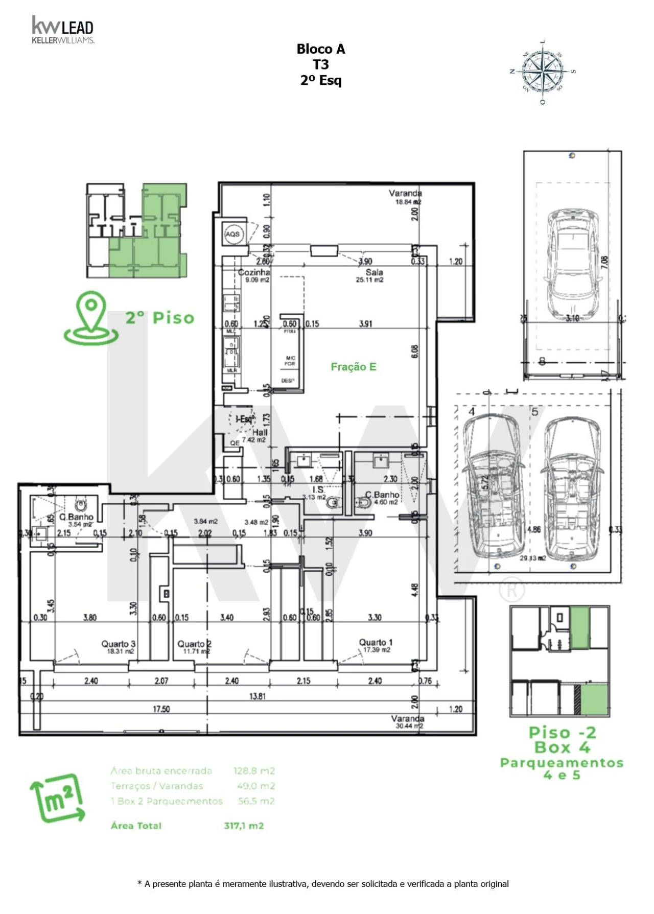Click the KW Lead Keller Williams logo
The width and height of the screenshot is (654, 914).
tap(62, 30)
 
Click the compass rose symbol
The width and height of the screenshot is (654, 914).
tap(543, 72)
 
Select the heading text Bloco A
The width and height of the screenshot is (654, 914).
tap(321, 49)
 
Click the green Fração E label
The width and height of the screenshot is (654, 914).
tap(354, 367)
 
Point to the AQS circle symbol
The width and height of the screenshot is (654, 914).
tap(232, 235)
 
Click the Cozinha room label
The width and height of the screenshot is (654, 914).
tap(254, 273)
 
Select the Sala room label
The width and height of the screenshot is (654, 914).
tap(374, 272)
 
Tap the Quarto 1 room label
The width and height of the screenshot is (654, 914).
tap(376, 642)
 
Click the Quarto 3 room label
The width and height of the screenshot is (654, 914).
tap(118, 644)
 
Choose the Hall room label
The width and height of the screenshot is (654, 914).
tap(260, 432)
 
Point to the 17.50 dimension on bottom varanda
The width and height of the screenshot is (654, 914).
tap(161, 709)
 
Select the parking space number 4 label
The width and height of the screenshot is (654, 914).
tap(472, 412)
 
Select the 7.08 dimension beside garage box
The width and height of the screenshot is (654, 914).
tap(605, 263)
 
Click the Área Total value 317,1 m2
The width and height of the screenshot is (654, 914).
tap(244, 826)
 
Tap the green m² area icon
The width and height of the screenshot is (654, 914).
tap(57, 798)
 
